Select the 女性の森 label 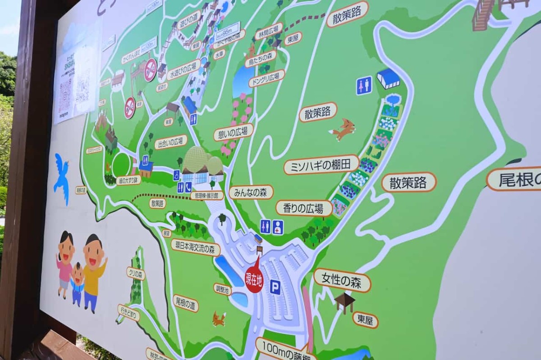click(342, 280)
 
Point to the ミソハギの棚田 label click(321, 165)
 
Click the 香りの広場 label click(304, 208)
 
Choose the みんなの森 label click(251, 192)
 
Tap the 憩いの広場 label click(233, 132)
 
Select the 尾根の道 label click(185, 303)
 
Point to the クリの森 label click(135, 273)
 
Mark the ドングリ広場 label click(266, 78)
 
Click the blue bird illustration click(62, 177)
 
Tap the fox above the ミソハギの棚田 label click(343, 129)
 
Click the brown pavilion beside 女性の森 click(344, 302)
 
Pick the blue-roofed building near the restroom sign click(388, 79)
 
